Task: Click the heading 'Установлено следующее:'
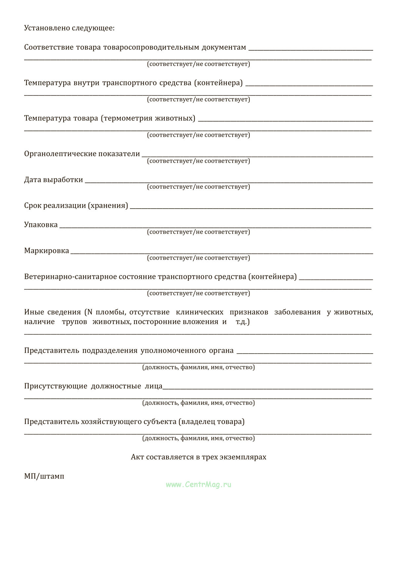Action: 69,28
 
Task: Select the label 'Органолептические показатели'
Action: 82,154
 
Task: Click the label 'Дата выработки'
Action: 54,179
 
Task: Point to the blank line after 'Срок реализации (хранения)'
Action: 251,208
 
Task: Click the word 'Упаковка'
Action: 41,225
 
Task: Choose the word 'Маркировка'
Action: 47,250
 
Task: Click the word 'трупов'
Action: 74,322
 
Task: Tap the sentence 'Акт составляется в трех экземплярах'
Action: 198,457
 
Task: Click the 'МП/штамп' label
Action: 44,476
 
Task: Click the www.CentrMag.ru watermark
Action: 198,485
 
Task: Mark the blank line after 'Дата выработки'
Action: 228,182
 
